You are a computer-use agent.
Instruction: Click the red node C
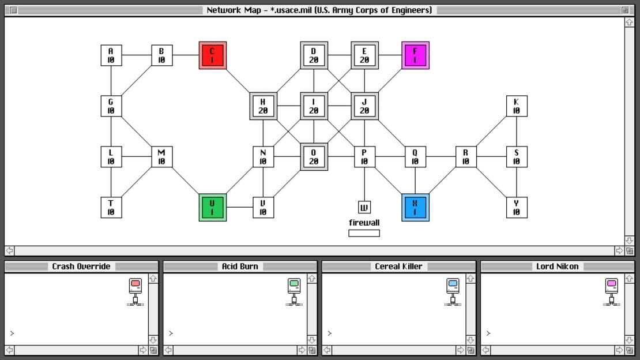(x=213, y=55)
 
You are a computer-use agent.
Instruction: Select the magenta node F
(x=415, y=55)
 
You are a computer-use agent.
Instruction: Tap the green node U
(x=213, y=208)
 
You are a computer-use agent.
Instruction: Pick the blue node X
(x=415, y=208)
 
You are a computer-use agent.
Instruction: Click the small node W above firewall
(x=364, y=207)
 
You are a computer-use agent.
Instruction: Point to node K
(x=517, y=106)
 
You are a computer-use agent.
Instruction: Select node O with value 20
(x=314, y=157)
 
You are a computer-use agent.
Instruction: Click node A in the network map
(x=111, y=55)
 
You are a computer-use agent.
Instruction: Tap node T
(x=111, y=208)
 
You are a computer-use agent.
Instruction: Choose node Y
(x=517, y=208)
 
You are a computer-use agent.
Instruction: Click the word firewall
(x=364, y=223)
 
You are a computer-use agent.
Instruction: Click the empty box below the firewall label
(x=364, y=233)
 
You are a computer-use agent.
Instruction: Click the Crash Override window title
(x=81, y=267)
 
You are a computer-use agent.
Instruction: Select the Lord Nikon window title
(x=557, y=267)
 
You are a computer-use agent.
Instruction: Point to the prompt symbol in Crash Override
(x=12, y=333)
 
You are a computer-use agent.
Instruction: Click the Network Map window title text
(x=319, y=10)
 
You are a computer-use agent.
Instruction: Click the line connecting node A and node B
(x=137, y=55)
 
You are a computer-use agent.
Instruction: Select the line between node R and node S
(x=491, y=157)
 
